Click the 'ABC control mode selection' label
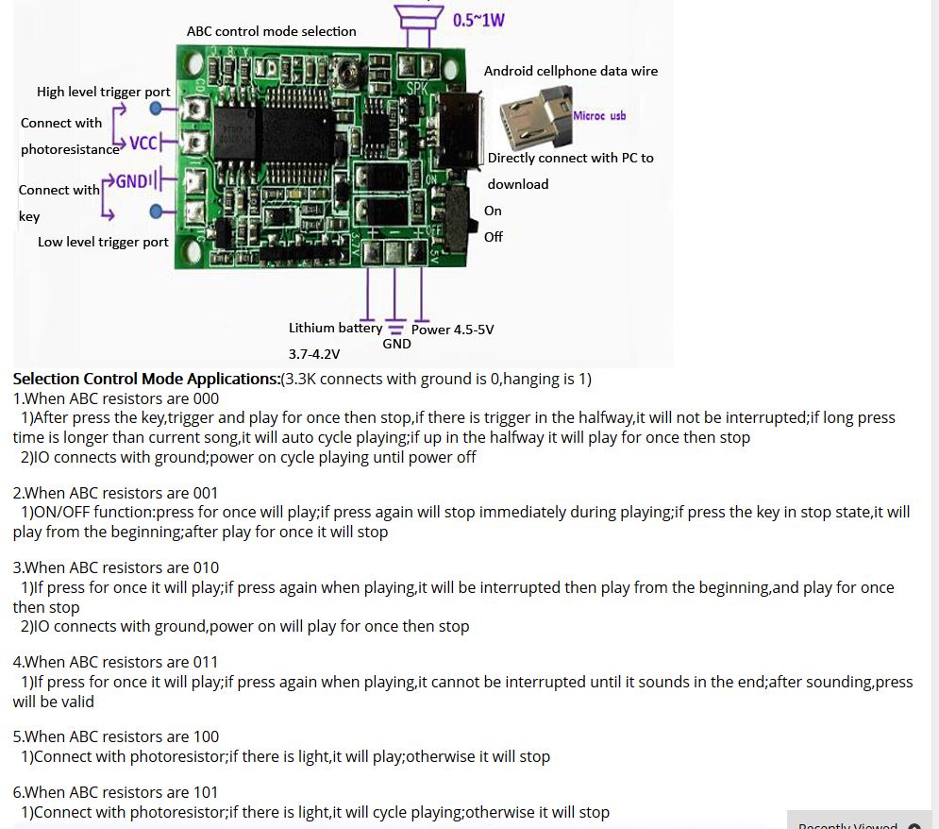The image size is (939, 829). [x=272, y=31]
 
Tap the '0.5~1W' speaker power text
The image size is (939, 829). [x=478, y=19]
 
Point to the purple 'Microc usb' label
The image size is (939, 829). [x=599, y=115]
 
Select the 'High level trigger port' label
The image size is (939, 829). [x=104, y=92]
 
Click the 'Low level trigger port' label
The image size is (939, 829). [x=103, y=242]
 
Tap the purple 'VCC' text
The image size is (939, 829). [x=143, y=144]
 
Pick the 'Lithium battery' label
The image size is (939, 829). [x=335, y=328]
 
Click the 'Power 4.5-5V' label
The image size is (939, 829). [x=452, y=330]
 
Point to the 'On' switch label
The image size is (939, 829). [x=493, y=211]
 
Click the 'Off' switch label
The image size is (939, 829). [x=494, y=237]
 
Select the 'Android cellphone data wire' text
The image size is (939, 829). [x=571, y=71]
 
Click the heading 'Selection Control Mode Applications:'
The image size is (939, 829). [x=146, y=379]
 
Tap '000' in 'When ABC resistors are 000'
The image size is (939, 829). [x=206, y=398]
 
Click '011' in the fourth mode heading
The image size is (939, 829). [x=205, y=662]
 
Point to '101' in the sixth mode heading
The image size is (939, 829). [x=205, y=792]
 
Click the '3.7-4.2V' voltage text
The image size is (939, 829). [x=314, y=354]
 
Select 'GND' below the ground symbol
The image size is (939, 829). [x=396, y=344]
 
